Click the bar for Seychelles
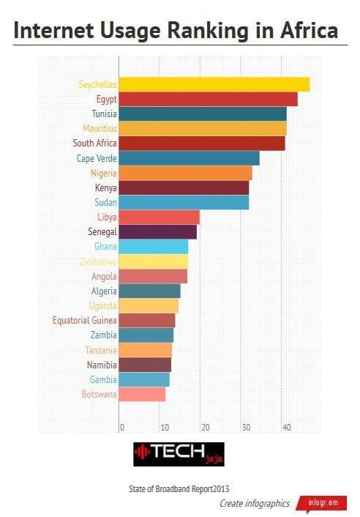click(x=214, y=84)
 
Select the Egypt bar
click(x=208, y=99)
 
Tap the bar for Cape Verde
click(x=189, y=158)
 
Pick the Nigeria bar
click(x=185, y=173)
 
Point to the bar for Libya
click(x=159, y=217)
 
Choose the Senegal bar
click(x=157, y=231)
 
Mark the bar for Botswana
click(x=142, y=394)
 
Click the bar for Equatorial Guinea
click(x=146, y=320)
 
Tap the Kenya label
click(x=105, y=187)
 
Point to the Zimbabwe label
click(x=97, y=261)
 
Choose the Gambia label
click(x=102, y=379)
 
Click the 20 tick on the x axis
click(x=205, y=428)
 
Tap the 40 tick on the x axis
click(x=286, y=428)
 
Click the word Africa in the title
click(x=307, y=31)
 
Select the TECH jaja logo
click(x=179, y=454)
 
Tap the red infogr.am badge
click(x=321, y=504)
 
